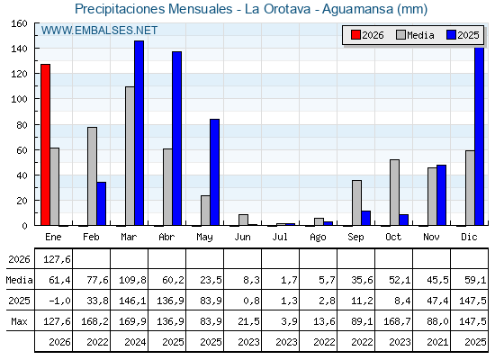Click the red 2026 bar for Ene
[45, 145]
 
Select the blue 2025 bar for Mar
[139, 133]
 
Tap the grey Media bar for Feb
[92, 176]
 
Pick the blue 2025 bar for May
[215, 172]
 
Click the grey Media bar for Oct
[395, 193]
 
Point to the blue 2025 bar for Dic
[479, 136]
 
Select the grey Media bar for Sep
[356, 202]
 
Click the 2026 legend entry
[367, 35]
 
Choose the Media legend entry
[415, 35]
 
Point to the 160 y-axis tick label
[20, 23]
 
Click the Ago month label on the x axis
[318, 238]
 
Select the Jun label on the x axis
[242, 237]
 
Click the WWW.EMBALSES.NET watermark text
[99, 31]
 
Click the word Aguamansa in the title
[358, 9]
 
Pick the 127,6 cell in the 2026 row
[57, 259]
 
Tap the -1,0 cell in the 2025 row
[59, 301]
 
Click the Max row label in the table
[19, 321]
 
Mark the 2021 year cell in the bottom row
[437, 342]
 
